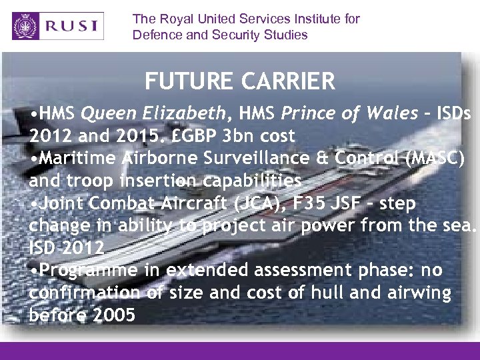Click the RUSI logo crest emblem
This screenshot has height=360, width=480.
point(27,27)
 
